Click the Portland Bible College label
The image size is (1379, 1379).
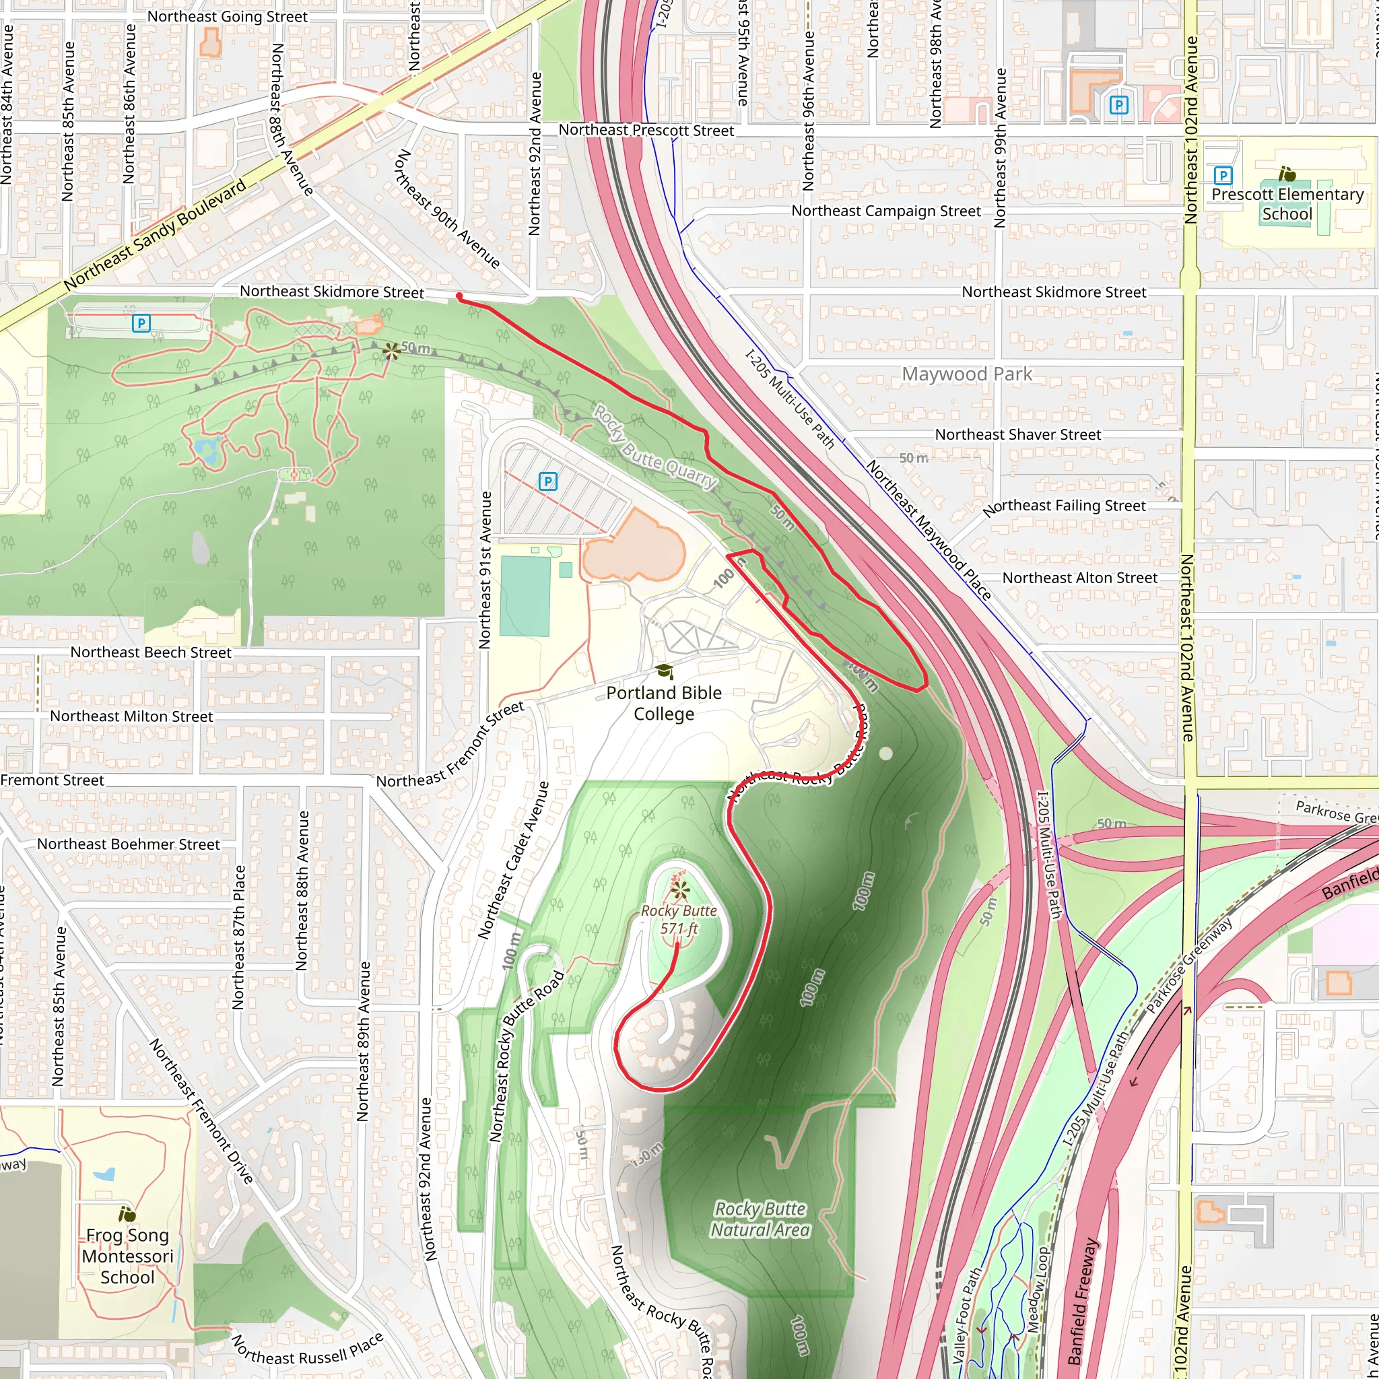click(664, 703)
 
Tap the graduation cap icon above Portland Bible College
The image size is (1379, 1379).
click(665, 671)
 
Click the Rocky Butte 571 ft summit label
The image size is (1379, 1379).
click(679, 919)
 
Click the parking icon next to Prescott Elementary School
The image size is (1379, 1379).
click(1223, 175)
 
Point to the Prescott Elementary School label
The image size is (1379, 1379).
click(1287, 204)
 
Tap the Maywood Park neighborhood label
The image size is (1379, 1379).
click(966, 374)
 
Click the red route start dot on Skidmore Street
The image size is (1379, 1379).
click(459, 296)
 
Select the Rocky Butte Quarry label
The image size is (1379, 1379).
click(654, 447)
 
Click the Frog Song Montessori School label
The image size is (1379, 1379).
click(127, 1256)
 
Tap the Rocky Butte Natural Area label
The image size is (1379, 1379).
click(760, 1219)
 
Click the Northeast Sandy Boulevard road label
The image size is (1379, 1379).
click(154, 235)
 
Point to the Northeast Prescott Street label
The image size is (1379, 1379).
click(646, 130)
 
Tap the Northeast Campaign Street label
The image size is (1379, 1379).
click(886, 211)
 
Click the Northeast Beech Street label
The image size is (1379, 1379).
click(151, 652)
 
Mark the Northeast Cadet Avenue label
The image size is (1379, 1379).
click(513, 860)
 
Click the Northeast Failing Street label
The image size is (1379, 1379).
click(1065, 507)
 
